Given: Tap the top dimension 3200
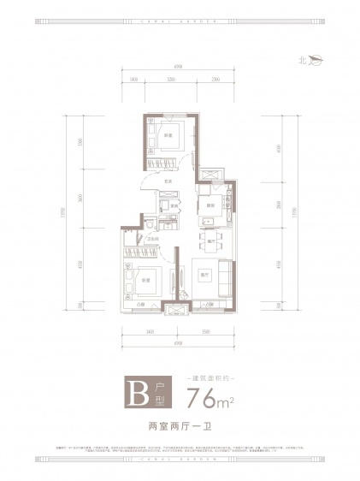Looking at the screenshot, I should point(171,80).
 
